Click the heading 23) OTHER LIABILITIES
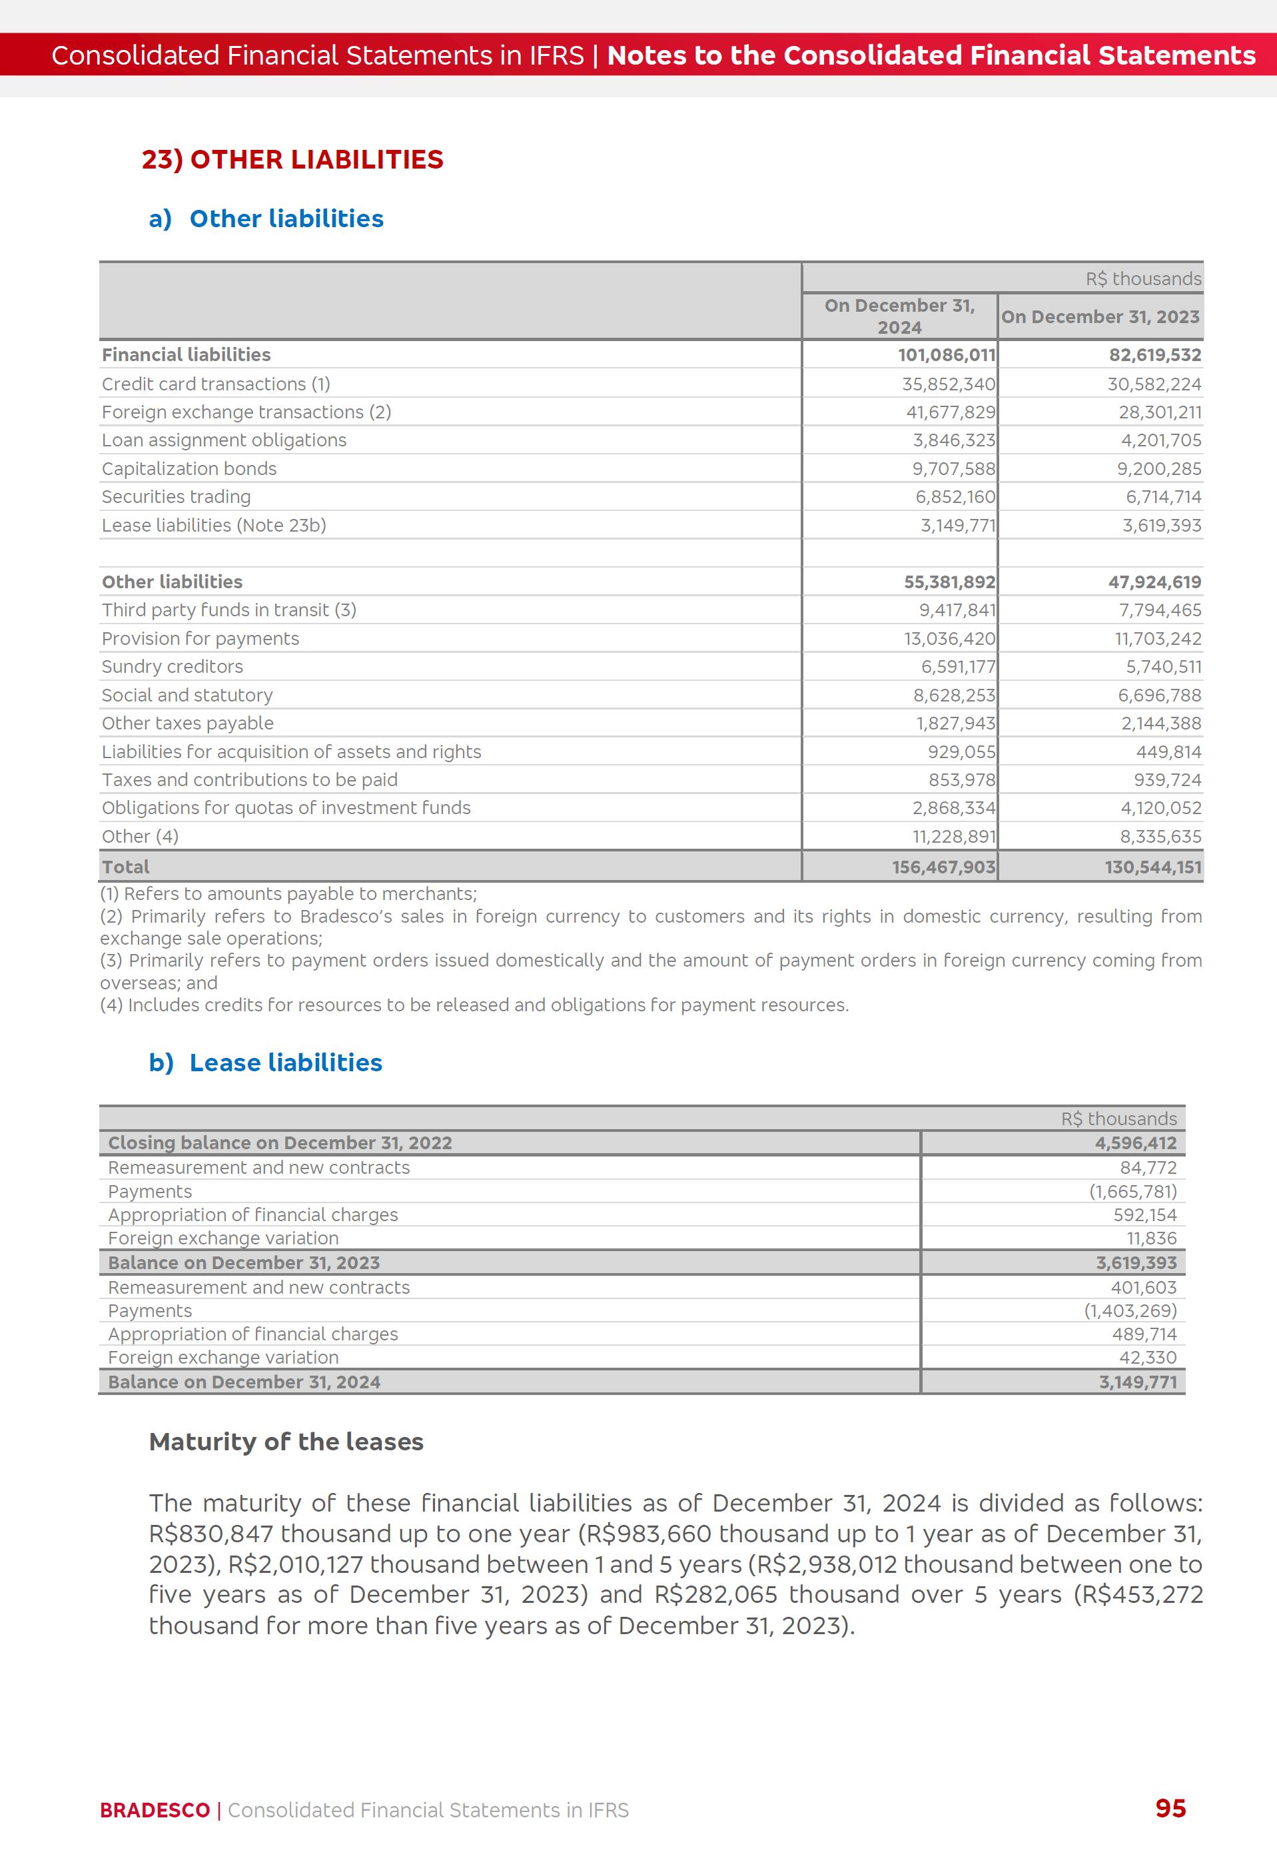(292, 159)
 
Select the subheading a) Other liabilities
(266, 219)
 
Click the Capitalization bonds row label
(189, 468)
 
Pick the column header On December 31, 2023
(1100, 317)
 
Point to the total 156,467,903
(943, 867)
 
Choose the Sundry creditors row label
(172, 666)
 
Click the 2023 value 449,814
(1168, 751)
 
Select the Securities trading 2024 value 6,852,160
(955, 497)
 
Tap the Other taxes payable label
(187, 723)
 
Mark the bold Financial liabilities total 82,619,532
(1154, 355)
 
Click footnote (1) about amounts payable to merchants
(288, 894)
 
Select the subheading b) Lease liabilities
(266, 1063)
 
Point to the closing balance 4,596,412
(1135, 1143)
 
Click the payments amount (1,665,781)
(1133, 1192)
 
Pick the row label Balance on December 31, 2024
(244, 1382)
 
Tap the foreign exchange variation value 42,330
(1148, 1358)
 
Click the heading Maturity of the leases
(286, 1442)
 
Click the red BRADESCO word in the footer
(155, 1811)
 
